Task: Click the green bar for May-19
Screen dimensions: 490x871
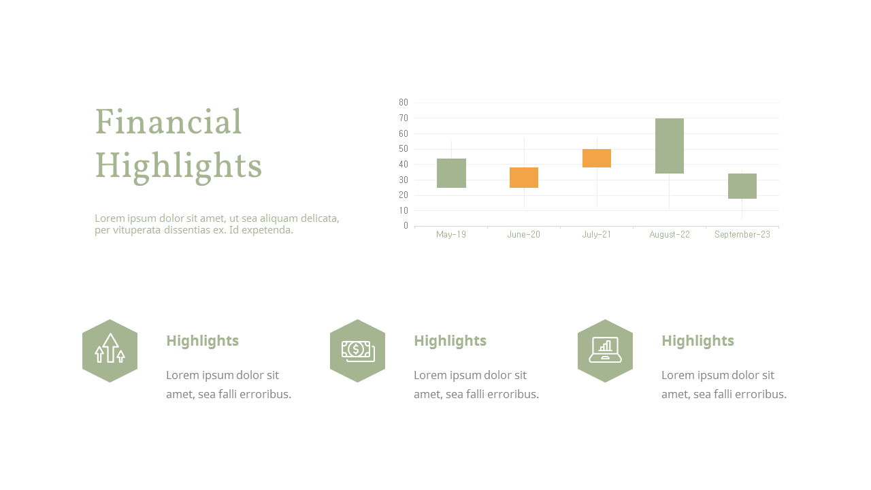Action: tap(451, 173)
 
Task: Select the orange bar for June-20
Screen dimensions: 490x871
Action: tap(524, 178)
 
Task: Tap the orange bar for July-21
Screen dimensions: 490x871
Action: tap(597, 158)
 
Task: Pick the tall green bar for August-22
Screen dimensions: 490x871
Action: tap(670, 146)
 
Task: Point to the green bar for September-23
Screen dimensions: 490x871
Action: tap(742, 186)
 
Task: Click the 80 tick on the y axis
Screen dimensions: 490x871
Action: tap(404, 103)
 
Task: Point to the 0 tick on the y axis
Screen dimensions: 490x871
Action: tap(406, 226)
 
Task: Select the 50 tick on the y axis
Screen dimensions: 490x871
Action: tap(404, 149)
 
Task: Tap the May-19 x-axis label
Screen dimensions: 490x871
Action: tap(451, 235)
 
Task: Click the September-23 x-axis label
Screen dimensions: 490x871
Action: tap(742, 235)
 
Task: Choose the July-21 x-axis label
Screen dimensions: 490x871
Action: tap(597, 235)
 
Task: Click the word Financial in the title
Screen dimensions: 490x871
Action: tap(168, 123)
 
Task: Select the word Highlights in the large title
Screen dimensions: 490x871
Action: tap(178, 166)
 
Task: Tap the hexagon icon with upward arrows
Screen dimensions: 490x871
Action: tap(110, 350)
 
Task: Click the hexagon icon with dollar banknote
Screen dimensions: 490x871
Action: tap(358, 350)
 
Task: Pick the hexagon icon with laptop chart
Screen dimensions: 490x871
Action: tap(605, 350)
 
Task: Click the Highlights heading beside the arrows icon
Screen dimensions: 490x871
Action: tap(202, 341)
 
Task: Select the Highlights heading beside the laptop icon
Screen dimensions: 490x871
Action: tap(697, 341)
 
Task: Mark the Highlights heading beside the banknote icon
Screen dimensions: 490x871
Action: tap(450, 341)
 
